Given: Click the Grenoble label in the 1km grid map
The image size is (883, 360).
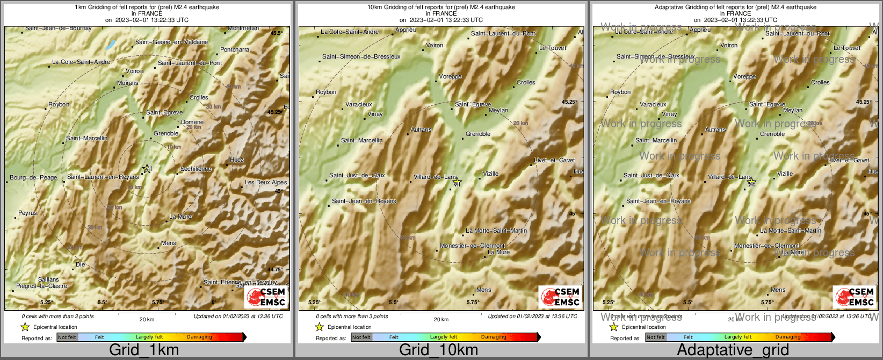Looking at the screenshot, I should click(x=166, y=133).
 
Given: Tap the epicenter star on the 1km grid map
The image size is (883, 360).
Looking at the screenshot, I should click(x=146, y=169).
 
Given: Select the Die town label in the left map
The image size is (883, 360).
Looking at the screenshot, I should click(x=81, y=264).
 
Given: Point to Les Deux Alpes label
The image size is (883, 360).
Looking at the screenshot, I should click(x=266, y=182).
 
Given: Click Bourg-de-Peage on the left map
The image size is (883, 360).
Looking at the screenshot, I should click(x=33, y=177).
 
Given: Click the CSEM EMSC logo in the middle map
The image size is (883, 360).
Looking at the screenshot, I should click(x=560, y=297).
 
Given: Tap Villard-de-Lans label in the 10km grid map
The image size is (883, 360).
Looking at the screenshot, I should click(x=436, y=177).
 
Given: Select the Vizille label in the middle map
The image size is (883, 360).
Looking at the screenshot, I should click(x=490, y=174).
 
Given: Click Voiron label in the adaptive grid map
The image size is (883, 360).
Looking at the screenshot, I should click(x=729, y=45).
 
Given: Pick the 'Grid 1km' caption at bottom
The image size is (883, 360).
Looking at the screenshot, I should click(x=144, y=350).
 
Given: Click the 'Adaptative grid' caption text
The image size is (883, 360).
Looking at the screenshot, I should click(x=733, y=350).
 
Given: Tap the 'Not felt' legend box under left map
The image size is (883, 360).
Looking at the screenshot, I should click(x=67, y=337).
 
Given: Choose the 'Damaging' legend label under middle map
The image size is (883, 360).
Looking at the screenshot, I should click(x=494, y=337).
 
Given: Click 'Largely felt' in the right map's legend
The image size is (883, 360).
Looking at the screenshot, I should click(x=738, y=337).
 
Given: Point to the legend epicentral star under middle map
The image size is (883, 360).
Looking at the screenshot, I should click(x=320, y=327).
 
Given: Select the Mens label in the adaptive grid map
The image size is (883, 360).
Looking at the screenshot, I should click(x=778, y=290).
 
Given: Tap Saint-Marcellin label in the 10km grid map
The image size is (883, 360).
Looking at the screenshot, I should click(x=362, y=140).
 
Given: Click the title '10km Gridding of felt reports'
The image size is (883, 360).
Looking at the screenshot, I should click(x=441, y=8).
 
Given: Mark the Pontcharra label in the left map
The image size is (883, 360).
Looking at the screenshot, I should click(x=235, y=49).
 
